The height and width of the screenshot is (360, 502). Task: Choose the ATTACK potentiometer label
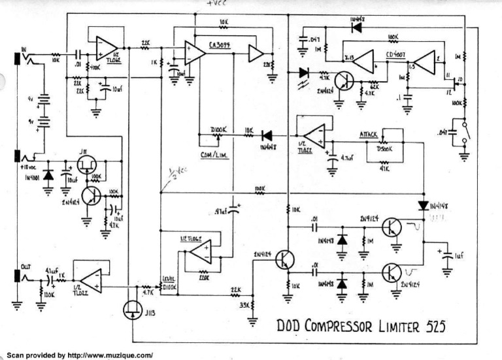(x=371, y=134)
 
